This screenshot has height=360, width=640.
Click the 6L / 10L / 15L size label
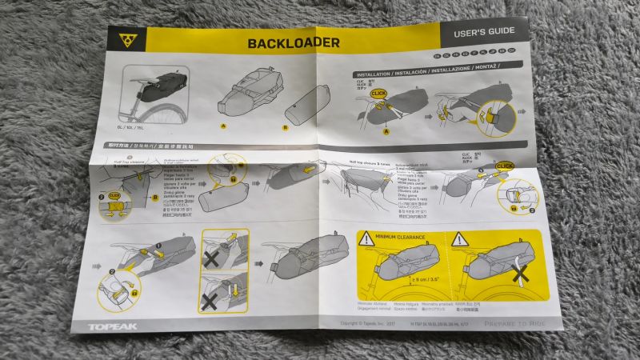(132, 126)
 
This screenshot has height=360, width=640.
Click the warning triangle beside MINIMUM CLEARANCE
(366, 238)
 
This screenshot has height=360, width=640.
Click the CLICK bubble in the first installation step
(379, 94)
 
